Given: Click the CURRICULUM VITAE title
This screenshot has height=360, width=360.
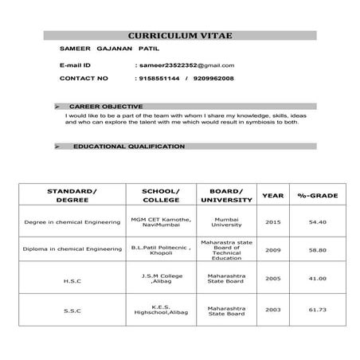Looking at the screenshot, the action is [179, 36].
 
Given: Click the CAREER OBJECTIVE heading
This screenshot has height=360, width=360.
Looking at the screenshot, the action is [106, 106].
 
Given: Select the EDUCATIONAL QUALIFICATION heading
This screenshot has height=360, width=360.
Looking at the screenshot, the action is [128, 147].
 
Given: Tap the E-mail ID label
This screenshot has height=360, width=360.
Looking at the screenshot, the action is [76, 65].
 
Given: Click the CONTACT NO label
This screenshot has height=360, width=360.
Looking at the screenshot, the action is [84, 79].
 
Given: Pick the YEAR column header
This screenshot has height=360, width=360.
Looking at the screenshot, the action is [273, 195].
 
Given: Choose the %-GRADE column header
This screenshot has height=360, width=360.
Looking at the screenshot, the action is [318, 195].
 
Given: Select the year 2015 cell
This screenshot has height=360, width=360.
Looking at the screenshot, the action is [273, 222].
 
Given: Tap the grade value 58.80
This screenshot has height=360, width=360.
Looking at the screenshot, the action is [318, 249].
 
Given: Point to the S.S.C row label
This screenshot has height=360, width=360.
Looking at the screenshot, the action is [72, 309].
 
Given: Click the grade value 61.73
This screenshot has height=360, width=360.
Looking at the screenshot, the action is [318, 309].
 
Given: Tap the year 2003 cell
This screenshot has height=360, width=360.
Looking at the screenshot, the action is [273, 309].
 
